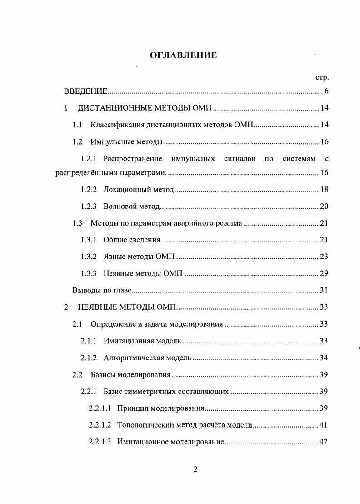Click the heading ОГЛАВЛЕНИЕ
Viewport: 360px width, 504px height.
tap(183, 55)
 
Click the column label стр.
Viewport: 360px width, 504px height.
tap(322, 78)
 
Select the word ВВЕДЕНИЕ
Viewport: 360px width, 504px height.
tap(85, 91)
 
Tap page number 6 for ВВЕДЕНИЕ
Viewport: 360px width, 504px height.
tap(326, 91)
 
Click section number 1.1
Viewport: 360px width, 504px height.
tap(77, 125)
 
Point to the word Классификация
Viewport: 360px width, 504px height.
tap(117, 125)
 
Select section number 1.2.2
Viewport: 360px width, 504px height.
tap(89, 189)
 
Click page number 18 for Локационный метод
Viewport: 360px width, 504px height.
tap(324, 189)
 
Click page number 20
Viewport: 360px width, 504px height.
tap(324, 206)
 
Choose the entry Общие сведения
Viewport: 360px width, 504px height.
tap(132, 240)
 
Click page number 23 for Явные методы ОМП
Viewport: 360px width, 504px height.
tap(324, 257)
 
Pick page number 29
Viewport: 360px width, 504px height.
tap(324, 273)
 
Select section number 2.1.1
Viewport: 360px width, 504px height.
tap(89, 341)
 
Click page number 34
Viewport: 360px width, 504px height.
tap(324, 358)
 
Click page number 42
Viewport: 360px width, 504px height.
tap(324, 442)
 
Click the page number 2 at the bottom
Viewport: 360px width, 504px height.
tap(195, 470)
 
